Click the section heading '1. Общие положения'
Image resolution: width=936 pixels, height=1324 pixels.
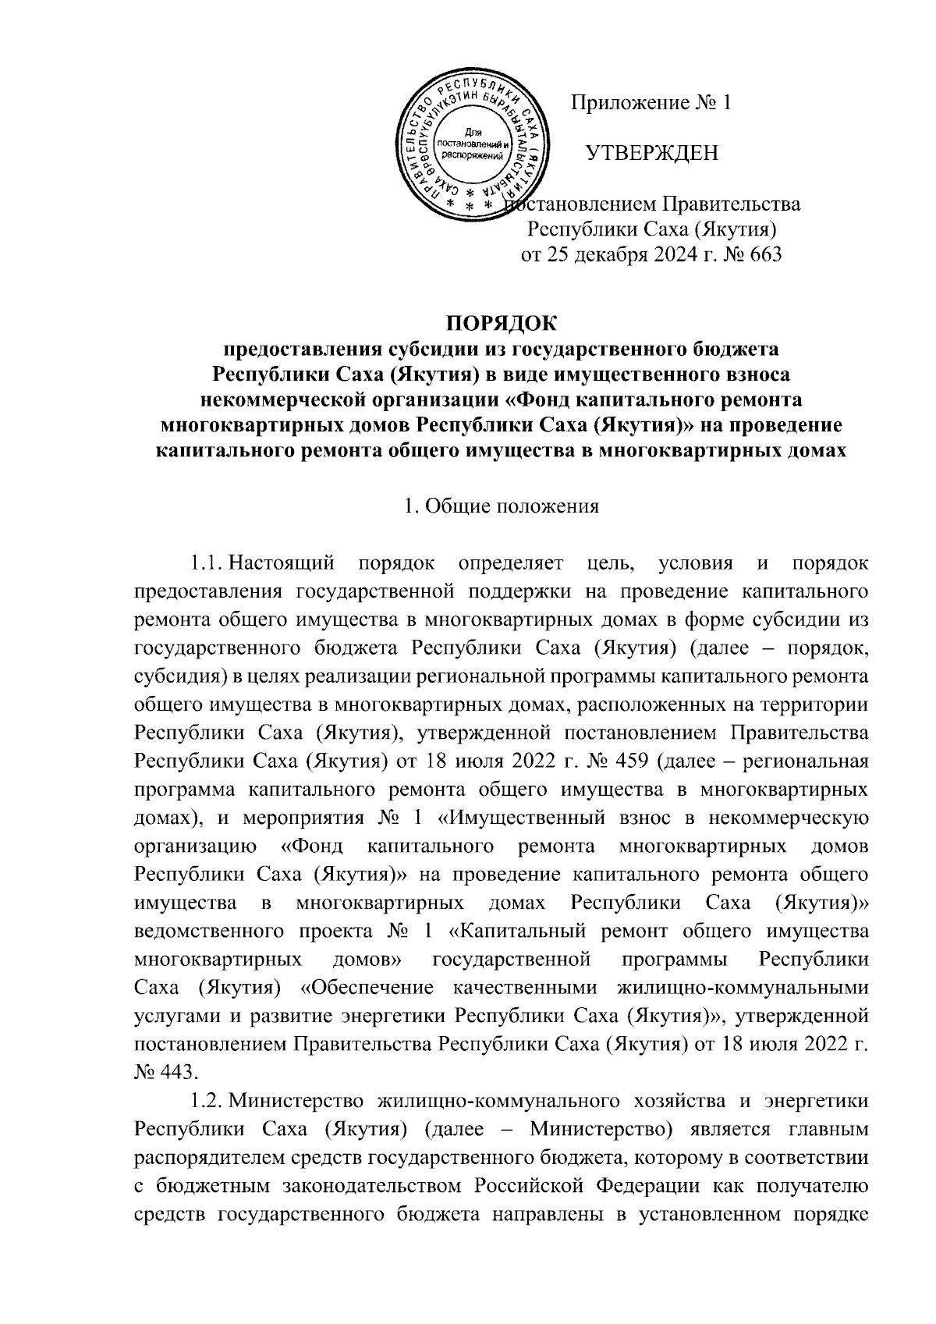click(x=501, y=506)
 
